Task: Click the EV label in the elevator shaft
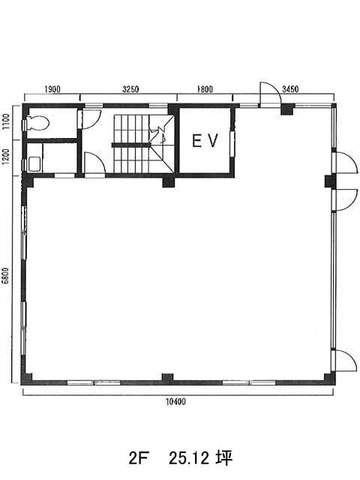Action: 205,141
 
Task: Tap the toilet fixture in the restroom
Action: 37,123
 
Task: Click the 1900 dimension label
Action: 52,89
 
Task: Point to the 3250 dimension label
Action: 130,89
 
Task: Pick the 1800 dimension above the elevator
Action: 205,89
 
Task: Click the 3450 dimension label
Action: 290,89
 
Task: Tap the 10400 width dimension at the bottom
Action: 175,402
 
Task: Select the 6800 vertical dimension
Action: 7,277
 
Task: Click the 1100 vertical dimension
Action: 7,121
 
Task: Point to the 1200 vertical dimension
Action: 7,157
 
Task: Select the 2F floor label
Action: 138,458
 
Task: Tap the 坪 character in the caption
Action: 225,458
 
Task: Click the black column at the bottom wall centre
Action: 167,378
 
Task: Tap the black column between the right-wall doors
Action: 330,181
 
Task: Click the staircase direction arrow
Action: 158,134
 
